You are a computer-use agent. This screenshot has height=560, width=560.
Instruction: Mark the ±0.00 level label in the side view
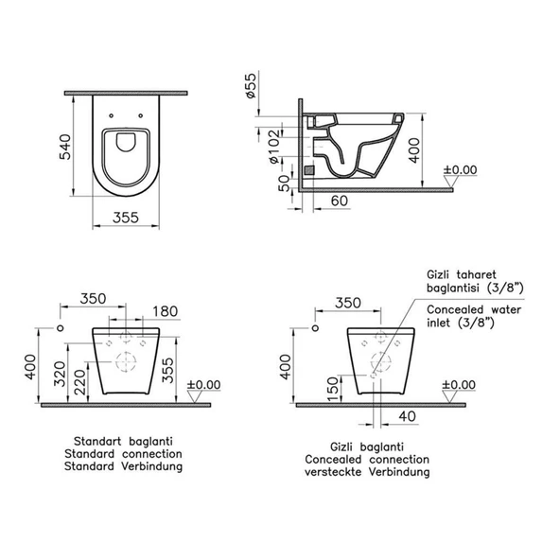[x=462, y=170]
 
